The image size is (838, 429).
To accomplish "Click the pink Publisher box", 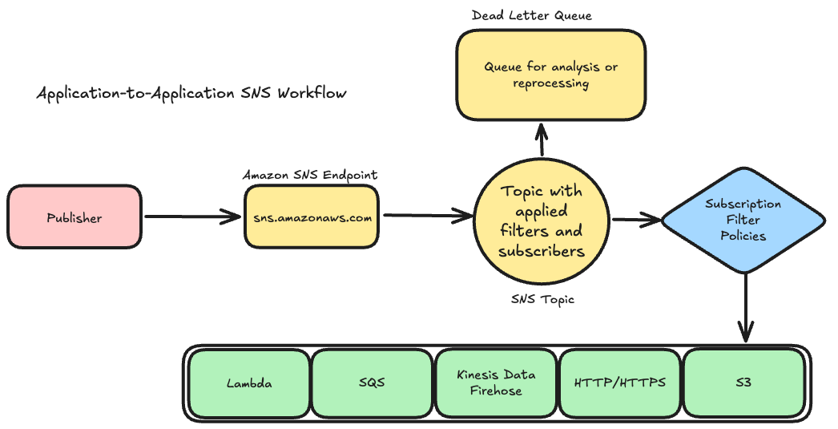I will pyautogui.click(x=75, y=217).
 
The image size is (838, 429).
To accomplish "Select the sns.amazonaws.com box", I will pyautogui.click(x=311, y=217).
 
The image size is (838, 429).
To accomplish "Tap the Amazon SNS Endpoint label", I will pyautogui.click(x=310, y=175).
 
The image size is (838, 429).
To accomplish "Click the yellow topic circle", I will pyautogui.click(x=542, y=221).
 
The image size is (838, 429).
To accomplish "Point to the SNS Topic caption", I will pyautogui.click(x=542, y=299).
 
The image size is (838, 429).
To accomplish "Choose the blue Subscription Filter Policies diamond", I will pyautogui.click(x=743, y=220).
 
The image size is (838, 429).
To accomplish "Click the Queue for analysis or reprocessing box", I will pyautogui.click(x=550, y=75).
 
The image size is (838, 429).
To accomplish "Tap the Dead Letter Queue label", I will pyautogui.click(x=531, y=15).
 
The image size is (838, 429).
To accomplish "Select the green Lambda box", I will pyautogui.click(x=248, y=382).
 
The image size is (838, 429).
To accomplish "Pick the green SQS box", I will pyautogui.click(x=372, y=382).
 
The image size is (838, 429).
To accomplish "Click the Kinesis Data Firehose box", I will pyautogui.click(x=496, y=382).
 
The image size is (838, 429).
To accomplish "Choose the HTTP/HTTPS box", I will pyautogui.click(x=620, y=382).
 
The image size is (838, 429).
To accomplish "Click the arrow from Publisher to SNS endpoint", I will pyautogui.click(x=192, y=217).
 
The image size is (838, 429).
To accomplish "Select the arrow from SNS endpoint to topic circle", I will pyautogui.click(x=426, y=216).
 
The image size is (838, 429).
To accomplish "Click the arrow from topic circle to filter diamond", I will pyautogui.click(x=636, y=219).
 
